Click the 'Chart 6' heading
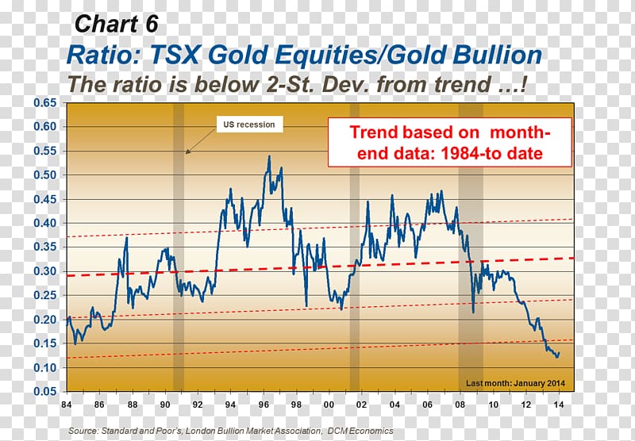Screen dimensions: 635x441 point(116,24)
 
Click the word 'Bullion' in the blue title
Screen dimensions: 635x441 point(497,55)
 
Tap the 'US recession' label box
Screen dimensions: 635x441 point(249,125)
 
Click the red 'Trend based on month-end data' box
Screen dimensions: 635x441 point(449,143)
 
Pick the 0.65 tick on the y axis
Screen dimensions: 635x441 point(45,103)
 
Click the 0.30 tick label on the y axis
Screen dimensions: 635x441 point(45,271)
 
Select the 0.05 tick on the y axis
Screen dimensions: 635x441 point(45,391)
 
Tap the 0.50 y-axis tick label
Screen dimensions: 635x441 point(45,174)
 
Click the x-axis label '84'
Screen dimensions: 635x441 point(67,405)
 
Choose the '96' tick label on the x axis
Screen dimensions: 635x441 point(264,405)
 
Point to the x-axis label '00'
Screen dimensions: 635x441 point(329,405)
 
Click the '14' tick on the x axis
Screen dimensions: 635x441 point(559,405)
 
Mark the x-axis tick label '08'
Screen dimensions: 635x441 point(460,405)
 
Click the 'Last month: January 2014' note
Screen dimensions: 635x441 point(515,383)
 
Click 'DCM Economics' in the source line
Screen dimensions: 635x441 point(360,431)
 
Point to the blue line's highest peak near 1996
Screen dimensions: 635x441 point(269,156)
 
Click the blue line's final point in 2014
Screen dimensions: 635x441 point(559,353)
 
